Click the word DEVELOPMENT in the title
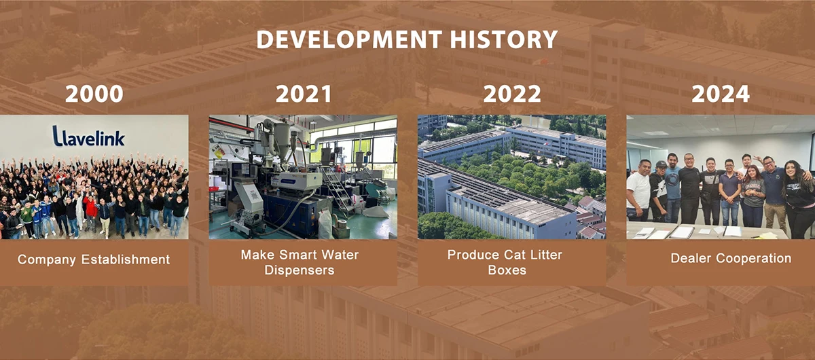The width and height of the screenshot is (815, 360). (x=349, y=39)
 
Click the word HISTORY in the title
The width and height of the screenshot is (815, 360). (x=504, y=39)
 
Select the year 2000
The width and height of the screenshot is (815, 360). (x=94, y=94)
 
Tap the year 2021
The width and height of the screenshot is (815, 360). (x=304, y=94)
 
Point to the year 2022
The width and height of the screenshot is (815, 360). (x=512, y=94)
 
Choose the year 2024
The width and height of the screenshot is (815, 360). (x=721, y=94)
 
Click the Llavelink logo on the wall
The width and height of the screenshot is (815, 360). (x=88, y=136)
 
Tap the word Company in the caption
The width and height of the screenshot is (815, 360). (x=47, y=260)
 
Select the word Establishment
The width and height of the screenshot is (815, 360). (x=126, y=259)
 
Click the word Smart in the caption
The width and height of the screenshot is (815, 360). (x=295, y=255)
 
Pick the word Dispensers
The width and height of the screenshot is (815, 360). (x=300, y=270)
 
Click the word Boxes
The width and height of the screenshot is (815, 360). (x=507, y=270)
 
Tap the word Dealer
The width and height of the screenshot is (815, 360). (x=690, y=258)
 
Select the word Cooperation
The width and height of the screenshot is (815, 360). (x=753, y=258)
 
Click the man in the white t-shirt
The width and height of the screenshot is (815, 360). (x=638, y=191)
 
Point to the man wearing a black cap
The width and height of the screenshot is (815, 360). (x=659, y=191)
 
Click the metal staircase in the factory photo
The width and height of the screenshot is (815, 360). (x=337, y=190)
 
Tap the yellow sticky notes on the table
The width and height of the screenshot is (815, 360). (x=767, y=236)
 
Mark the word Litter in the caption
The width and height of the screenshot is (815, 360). (x=546, y=255)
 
